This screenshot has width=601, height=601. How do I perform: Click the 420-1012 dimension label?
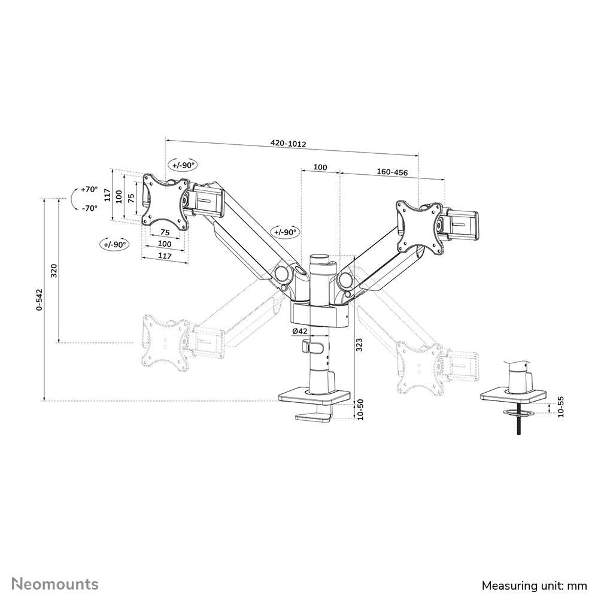pyautogui.click(x=289, y=144)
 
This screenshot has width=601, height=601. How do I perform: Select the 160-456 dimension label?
pyautogui.click(x=392, y=172)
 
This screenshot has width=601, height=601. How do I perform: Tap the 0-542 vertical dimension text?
pyautogui.click(x=39, y=299)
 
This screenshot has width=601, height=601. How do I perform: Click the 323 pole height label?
pyautogui.click(x=359, y=344)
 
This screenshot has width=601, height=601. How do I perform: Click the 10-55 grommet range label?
pyautogui.click(x=560, y=407)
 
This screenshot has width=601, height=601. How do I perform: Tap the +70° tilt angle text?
pyautogui.click(x=89, y=189)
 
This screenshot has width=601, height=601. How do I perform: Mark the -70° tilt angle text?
pyautogui.click(x=89, y=208)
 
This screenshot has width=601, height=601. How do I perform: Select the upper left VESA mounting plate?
pyautogui.click(x=164, y=201)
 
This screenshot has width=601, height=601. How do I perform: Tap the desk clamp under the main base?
pyautogui.click(x=315, y=415)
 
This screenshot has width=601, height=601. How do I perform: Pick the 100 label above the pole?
pyautogui.click(x=320, y=167)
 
